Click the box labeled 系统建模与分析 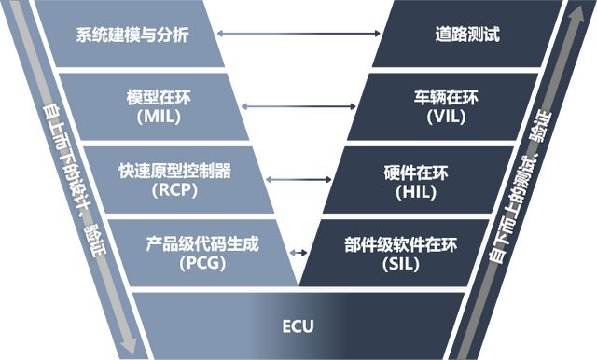132,35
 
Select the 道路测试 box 467,35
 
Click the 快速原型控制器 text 174,172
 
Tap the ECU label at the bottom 298,326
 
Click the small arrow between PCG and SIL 298,253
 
